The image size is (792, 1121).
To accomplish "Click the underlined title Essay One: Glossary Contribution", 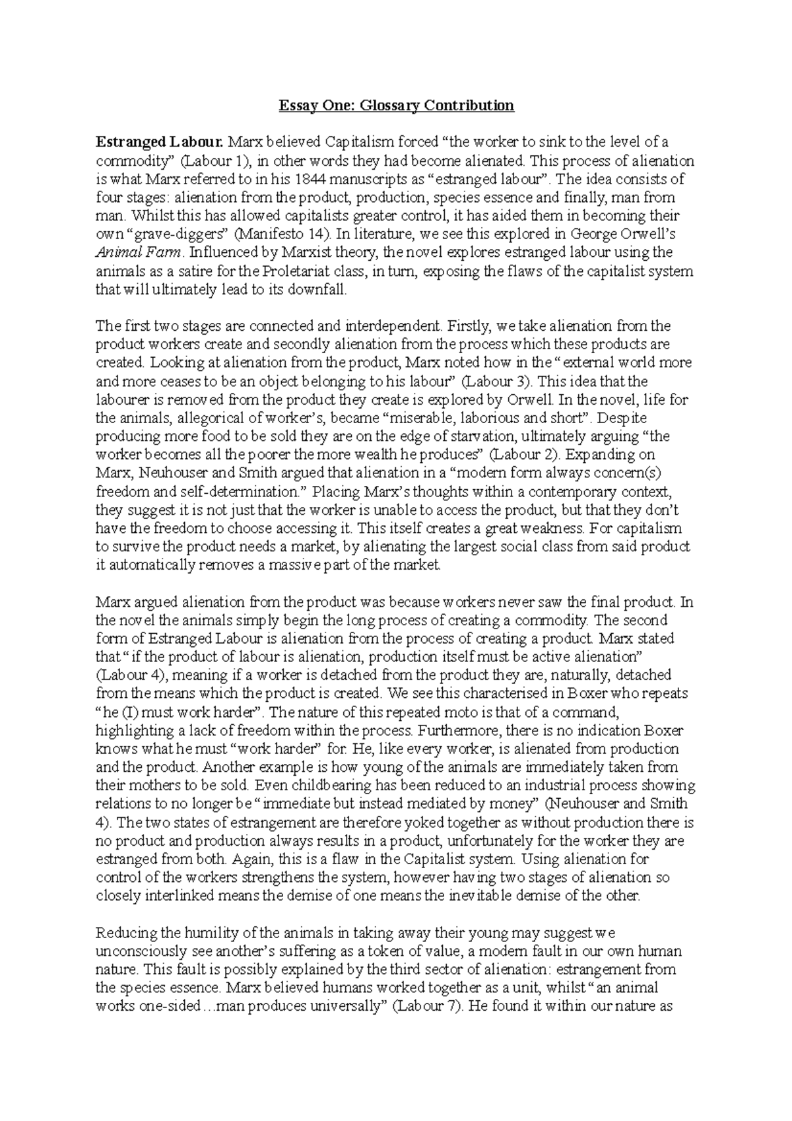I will tap(395, 105).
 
